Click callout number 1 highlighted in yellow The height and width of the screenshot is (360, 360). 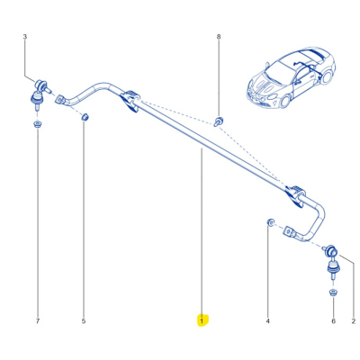tap(202, 320)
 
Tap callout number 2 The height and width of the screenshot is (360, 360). tap(353, 320)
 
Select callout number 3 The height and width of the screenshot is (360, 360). tap(24, 37)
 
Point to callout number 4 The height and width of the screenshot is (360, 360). tap(267, 320)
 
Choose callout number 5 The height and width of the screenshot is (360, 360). tap(84, 320)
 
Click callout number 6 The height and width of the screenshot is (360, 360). tap(332, 320)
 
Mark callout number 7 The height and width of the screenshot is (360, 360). tap(37, 320)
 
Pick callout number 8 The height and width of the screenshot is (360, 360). tap(218, 37)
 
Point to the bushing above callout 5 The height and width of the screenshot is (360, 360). tap(85, 117)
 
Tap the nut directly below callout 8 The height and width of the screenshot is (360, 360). tap(219, 120)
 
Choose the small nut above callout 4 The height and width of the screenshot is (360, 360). tap(269, 220)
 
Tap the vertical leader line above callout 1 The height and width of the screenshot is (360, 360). tap(202, 234)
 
